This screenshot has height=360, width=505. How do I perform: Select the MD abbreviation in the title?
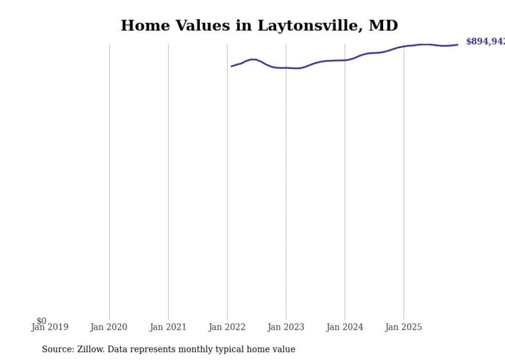point(383,26)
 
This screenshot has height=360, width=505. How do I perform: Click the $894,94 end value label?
point(485,42)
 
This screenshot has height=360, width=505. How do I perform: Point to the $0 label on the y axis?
point(41,321)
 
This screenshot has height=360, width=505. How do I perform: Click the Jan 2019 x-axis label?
point(49,327)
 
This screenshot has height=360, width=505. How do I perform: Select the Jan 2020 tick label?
point(109,327)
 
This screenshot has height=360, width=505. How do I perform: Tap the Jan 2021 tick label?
point(168,327)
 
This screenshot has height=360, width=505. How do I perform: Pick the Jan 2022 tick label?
point(227,327)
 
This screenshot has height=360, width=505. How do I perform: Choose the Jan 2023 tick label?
point(286,327)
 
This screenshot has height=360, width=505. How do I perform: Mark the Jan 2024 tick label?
point(345,327)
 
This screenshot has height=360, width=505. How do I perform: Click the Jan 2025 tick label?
point(403,327)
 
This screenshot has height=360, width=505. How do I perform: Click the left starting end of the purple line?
point(231,66)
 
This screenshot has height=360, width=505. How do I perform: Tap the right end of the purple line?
point(458,45)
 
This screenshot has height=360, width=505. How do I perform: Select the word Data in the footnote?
point(118,349)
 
